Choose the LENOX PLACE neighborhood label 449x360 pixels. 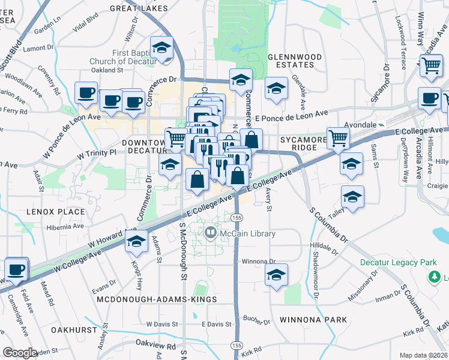pyautogui.click(x=47, y=212)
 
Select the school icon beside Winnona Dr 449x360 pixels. pyautogui.click(x=276, y=275)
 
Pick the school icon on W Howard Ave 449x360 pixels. pyautogui.click(x=136, y=242)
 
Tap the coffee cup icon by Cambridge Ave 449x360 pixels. pyautogui.click(x=16, y=269)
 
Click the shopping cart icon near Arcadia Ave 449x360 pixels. pyautogui.click(x=432, y=66)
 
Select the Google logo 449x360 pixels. pyautogui.click(x=20, y=353)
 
